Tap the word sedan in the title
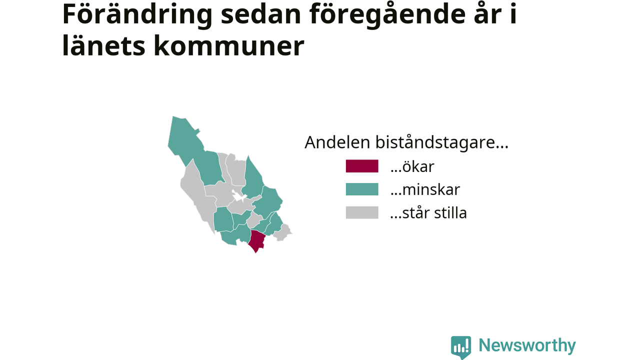[260, 14]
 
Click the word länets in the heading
[103, 45]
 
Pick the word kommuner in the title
[229, 45]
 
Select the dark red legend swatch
[361, 166]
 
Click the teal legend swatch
[361, 189]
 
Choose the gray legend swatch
[361, 212]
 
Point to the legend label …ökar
[412, 166]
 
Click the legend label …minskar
[425, 189]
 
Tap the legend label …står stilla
[428, 213]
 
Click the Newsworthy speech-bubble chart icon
[461, 347]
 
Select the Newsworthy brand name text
[527, 345]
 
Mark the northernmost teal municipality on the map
[185, 140]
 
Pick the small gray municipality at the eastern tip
[283, 233]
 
